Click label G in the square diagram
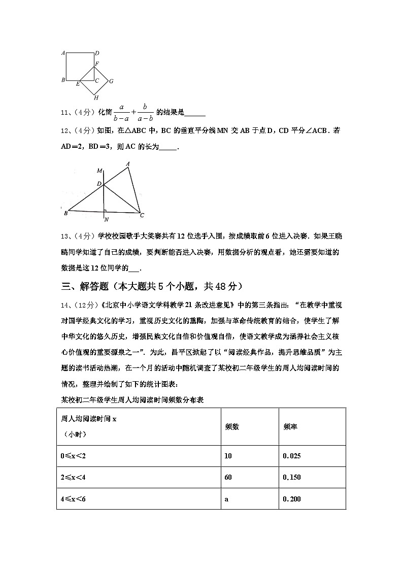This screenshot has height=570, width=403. click(x=111, y=81)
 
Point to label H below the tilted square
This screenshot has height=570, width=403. click(x=95, y=97)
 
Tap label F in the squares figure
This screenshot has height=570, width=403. click(x=97, y=63)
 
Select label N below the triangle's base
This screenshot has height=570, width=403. click(x=106, y=220)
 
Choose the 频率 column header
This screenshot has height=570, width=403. click(x=290, y=426)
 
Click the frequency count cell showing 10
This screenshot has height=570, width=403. click(x=228, y=456)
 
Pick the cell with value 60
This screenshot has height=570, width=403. click(x=228, y=477)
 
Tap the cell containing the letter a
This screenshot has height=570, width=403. click(x=226, y=499)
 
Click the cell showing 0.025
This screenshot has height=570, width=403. click(x=292, y=456)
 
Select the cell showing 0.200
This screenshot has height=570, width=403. click(x=292, y=499)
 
